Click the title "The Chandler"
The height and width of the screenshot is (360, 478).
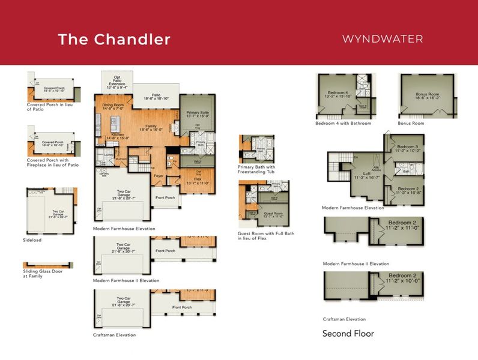click(114, 40)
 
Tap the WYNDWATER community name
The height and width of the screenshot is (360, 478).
click(383, 39)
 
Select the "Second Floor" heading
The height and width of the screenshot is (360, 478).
click(348, 334)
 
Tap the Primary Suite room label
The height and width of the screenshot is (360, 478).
click(197, 114)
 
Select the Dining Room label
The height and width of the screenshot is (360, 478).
click(113, 106)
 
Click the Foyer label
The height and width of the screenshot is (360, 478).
click(159, 176)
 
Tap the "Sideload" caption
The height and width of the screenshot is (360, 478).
click(37, 239)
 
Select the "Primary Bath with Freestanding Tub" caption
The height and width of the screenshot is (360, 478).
click(256, 169)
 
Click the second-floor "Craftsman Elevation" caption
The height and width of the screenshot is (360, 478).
click(344, 319)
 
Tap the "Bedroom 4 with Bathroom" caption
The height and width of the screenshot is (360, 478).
click(343, 124)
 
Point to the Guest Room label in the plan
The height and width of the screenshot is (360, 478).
click(273, 214)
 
